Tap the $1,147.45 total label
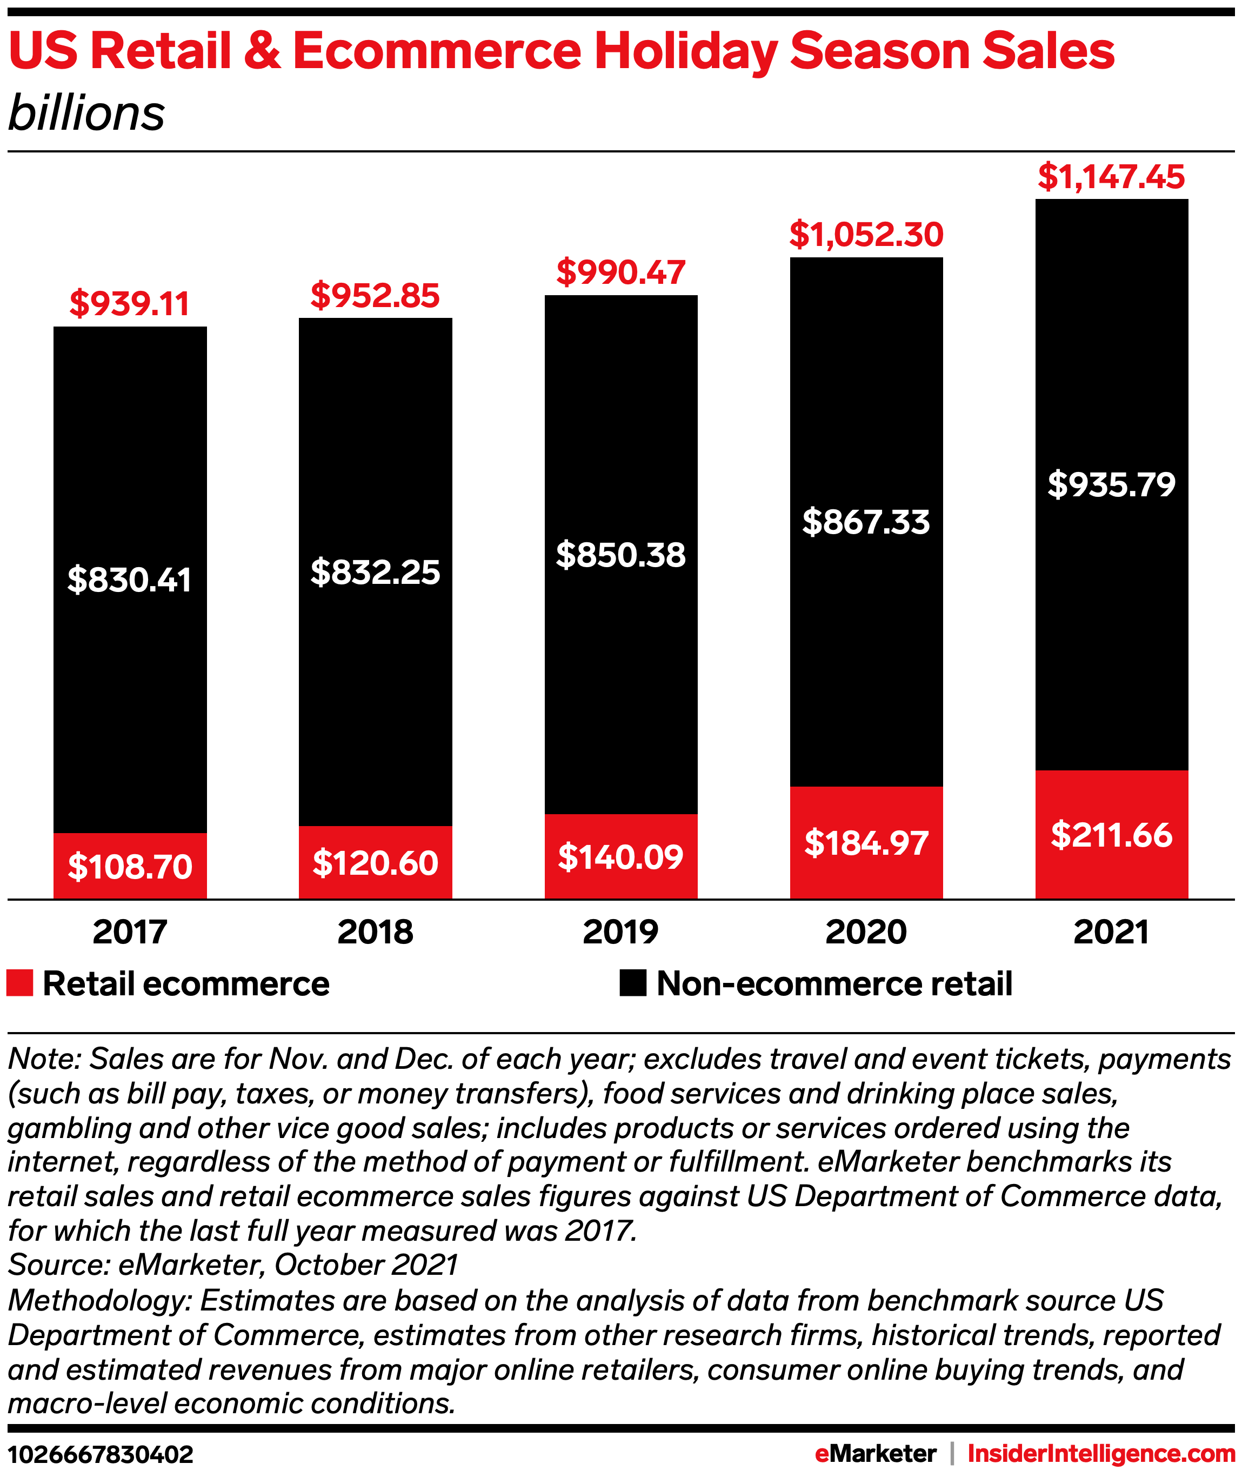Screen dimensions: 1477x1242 pyautogui.click(x=1111, y=177)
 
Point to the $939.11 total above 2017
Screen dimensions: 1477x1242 pyautogui.click(x=130, y=304)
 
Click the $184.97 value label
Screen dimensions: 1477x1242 pyautogui.click(x=866, y=843)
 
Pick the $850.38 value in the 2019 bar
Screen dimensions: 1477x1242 pyautogui.click(x=620, y=555)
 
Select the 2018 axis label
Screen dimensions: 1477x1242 pyautogui.click(x=375, y=932)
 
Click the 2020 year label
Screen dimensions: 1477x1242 pyautogui.click(x=866, y=932)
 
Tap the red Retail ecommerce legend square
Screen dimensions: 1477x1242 pyautogui.click(x=19, y=983)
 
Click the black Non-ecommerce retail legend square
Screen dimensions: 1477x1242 pyautogui.click(x=632, y=983)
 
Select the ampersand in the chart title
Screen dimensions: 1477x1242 pyautogui.click(x=262, y=52)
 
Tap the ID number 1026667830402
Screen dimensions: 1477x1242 pyautogui.click(x=101, y=1454)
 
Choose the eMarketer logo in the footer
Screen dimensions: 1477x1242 pyautogui.click(x=875, y=1453)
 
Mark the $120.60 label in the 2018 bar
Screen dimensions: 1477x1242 pyautogui.click(x=375, y=863)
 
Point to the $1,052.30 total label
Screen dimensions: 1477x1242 pyautogui.click(x=866, y=235)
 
